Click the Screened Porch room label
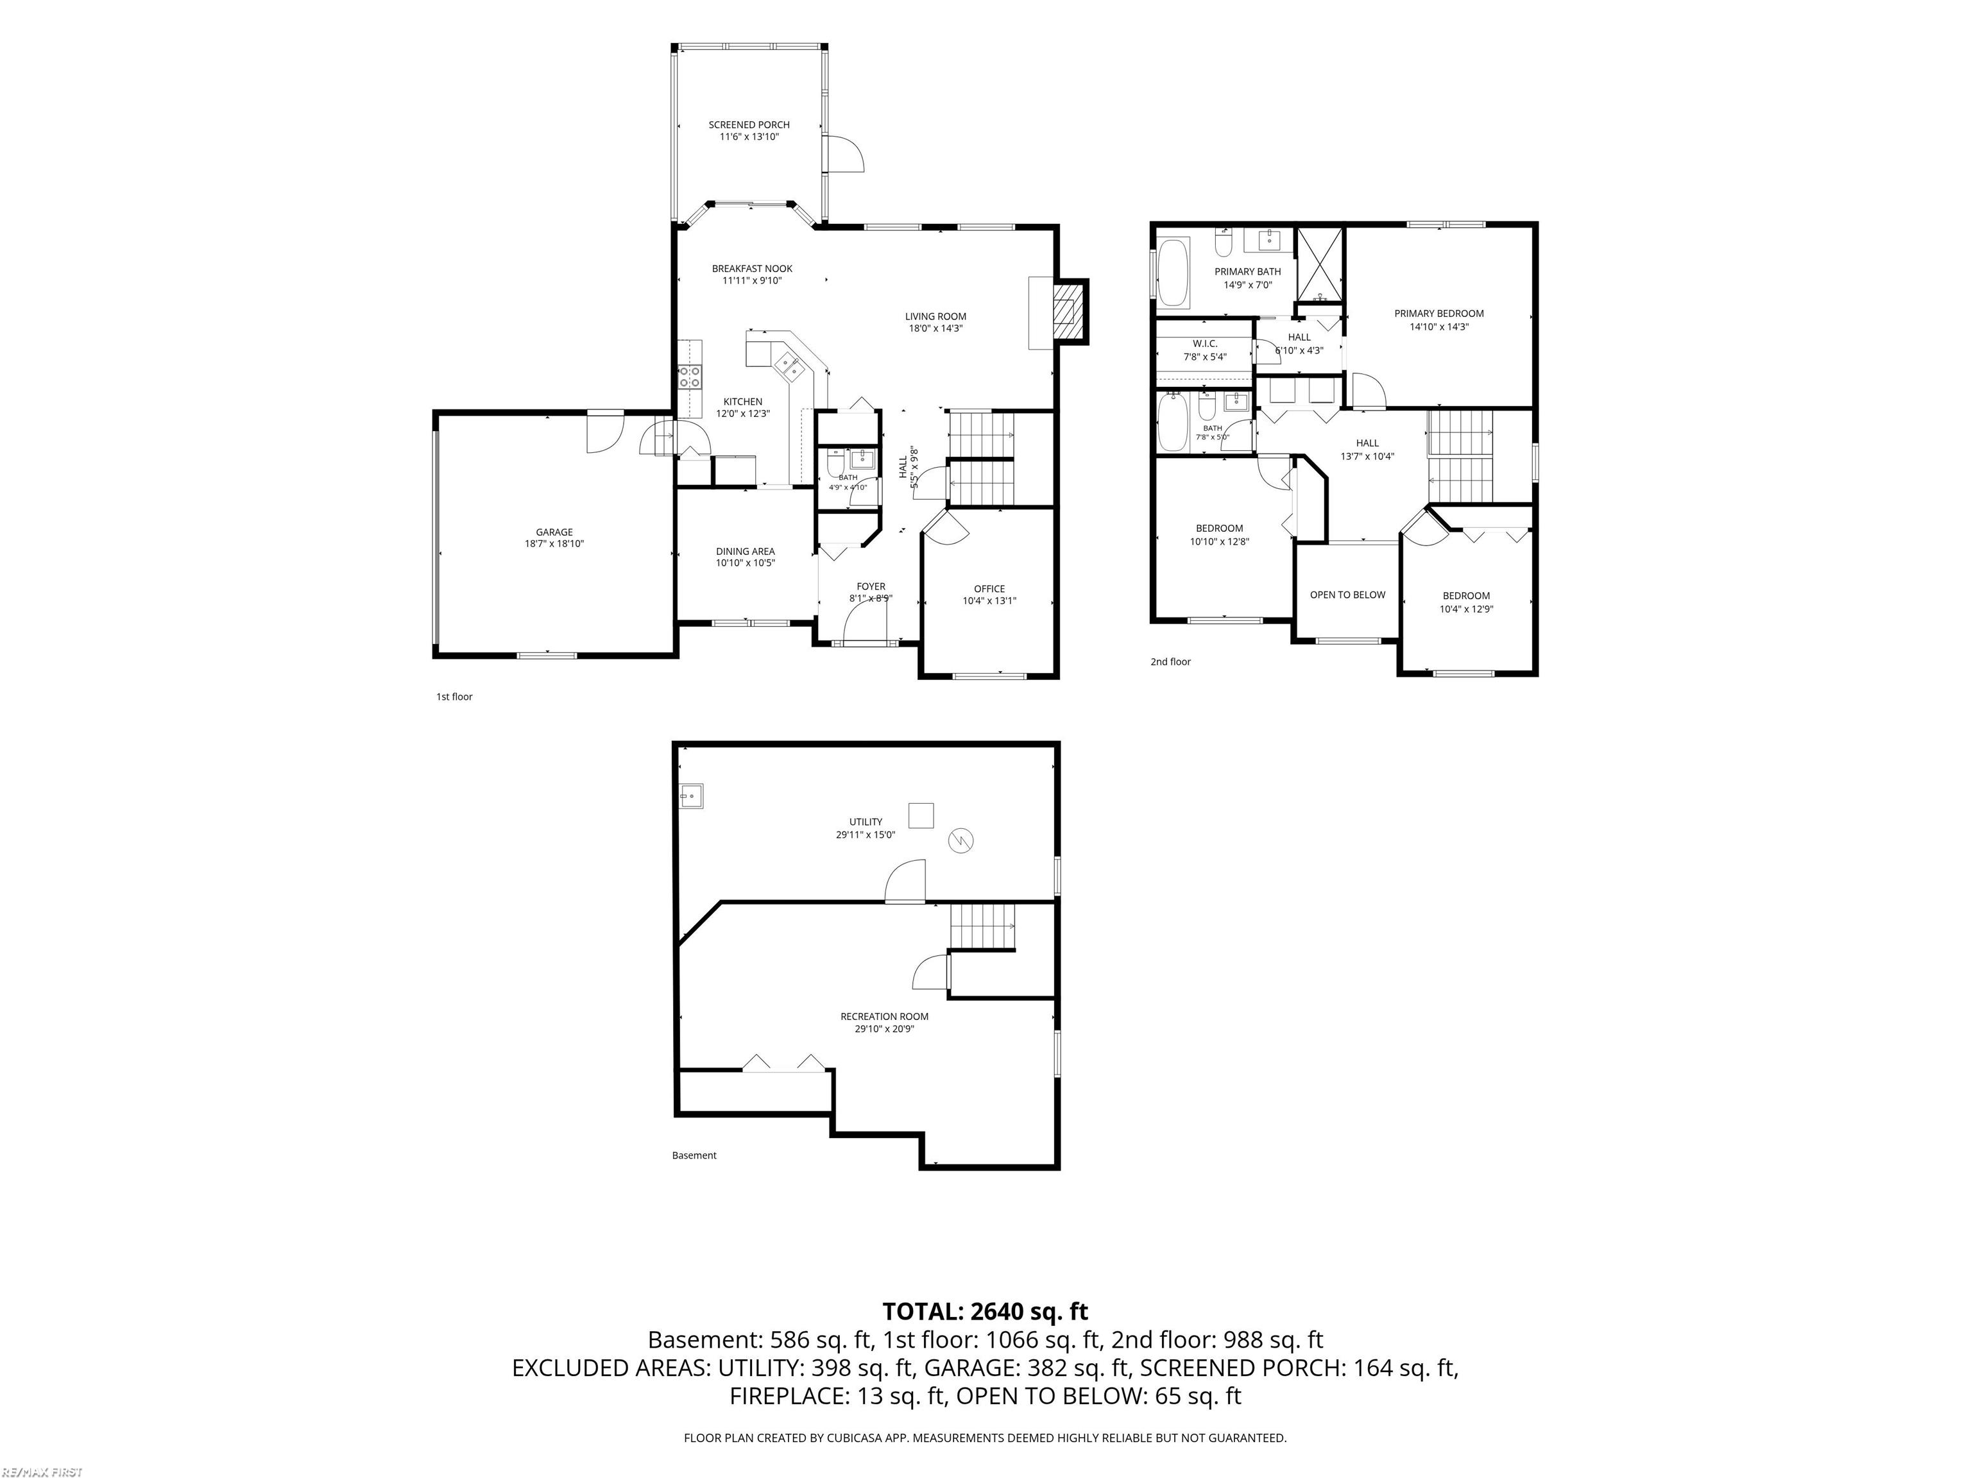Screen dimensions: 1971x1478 [x=749, y=124]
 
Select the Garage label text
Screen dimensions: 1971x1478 [x=554, y=532]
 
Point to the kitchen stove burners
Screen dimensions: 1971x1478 [x=689, y=377]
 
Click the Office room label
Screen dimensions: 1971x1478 [x=989, y=589]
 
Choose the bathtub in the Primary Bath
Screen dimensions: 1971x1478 [x=1173, y=272]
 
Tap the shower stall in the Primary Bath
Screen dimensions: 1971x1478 [x=1320, y=266]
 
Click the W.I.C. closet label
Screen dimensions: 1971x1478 [x=1205, y=344]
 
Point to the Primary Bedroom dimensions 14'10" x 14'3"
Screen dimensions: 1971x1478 [x=1439, y=327]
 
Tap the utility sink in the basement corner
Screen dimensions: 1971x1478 [x=692, y=795]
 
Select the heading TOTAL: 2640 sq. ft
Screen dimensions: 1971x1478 [x=985, y=1311]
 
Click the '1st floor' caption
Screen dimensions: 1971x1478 [x=454, y=697]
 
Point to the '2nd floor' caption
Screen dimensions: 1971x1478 [x=1170, y=662]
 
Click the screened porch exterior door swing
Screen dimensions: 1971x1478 [x=846, y=154]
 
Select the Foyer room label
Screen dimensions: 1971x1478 [x=871, y=587]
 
